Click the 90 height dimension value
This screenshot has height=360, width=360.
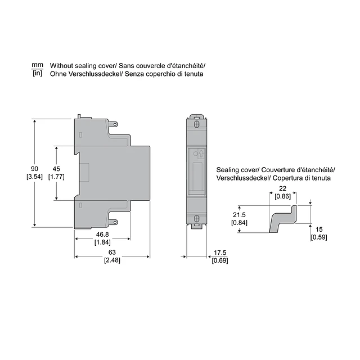34,169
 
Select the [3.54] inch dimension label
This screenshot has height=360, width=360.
34,177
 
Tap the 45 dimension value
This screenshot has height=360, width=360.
56,169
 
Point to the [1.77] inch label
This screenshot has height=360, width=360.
56,177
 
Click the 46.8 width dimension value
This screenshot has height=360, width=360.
102,233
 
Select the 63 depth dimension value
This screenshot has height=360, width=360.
112,252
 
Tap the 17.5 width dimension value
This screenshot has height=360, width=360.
219,252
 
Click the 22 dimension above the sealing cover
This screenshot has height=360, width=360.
282,188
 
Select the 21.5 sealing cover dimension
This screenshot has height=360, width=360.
239,215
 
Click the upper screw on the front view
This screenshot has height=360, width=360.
196,124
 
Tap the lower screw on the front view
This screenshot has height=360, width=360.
196,218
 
